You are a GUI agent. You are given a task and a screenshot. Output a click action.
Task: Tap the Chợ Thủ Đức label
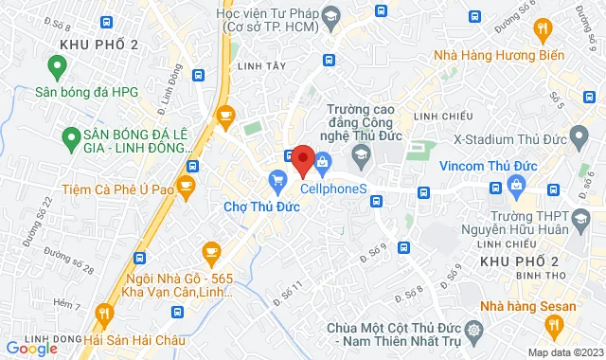coord(261,206)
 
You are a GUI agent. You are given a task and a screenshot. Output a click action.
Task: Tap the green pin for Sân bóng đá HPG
coord(57,66)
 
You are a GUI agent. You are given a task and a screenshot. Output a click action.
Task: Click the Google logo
coord(30,349)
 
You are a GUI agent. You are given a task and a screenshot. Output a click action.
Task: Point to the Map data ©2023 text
coord(564,352)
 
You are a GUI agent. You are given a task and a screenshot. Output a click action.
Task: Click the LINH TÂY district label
coord(261,66)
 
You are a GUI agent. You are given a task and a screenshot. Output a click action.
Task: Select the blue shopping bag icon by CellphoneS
coord(323,162)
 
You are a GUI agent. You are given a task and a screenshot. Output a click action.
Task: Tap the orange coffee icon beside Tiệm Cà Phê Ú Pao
coord(187,183)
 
